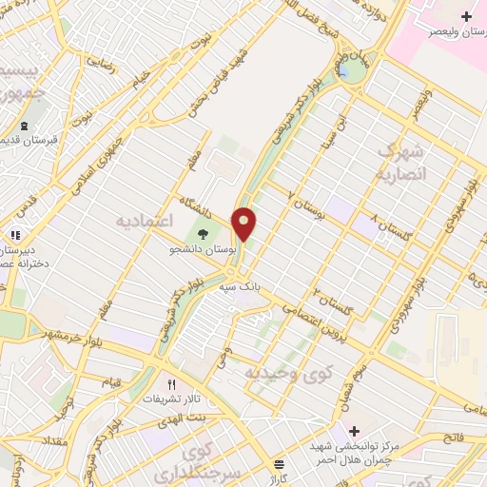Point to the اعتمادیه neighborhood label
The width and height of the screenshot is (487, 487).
point(143,220)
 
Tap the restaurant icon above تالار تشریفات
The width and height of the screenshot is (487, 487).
point(171,385)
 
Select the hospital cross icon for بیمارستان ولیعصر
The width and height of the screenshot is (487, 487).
point(466,16)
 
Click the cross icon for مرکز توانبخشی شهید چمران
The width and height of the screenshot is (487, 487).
point(354,431)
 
